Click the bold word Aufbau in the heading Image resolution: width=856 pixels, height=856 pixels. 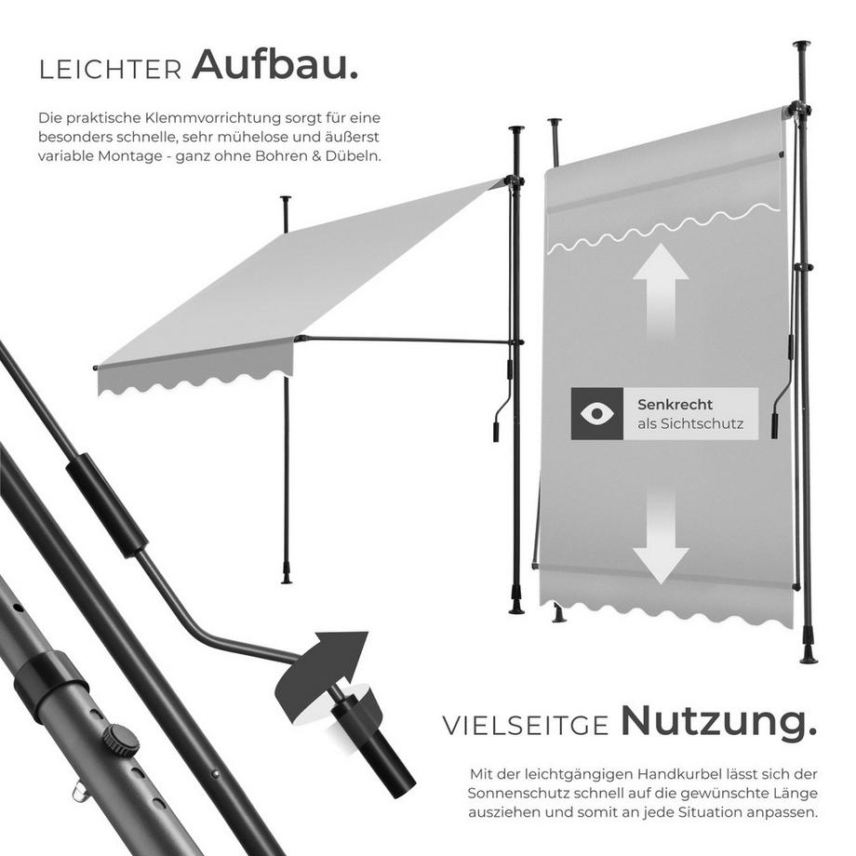click(275, 66)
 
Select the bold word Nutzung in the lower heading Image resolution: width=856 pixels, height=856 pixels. click(718, 720)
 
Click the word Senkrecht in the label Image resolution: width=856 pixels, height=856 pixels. click(675, 405)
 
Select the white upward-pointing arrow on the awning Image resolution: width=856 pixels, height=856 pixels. click(661, 288)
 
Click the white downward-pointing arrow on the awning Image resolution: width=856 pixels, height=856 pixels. click(661, 540)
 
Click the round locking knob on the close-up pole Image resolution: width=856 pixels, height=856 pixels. click(121, 740)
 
